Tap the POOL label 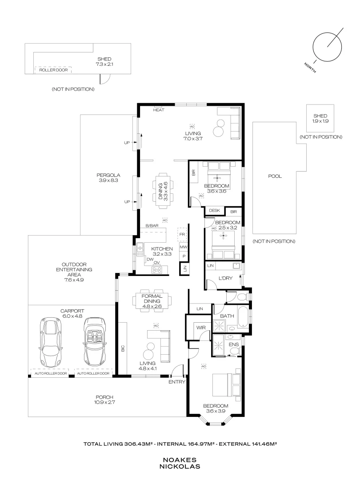(275, 176)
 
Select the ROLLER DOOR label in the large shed (52, 70)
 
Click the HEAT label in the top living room (159, 110)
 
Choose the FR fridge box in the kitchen (182, 233)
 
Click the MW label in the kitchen (183, 247)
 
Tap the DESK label (214, 211)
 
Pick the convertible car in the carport (95, 341)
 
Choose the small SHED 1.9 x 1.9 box (320, 119)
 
